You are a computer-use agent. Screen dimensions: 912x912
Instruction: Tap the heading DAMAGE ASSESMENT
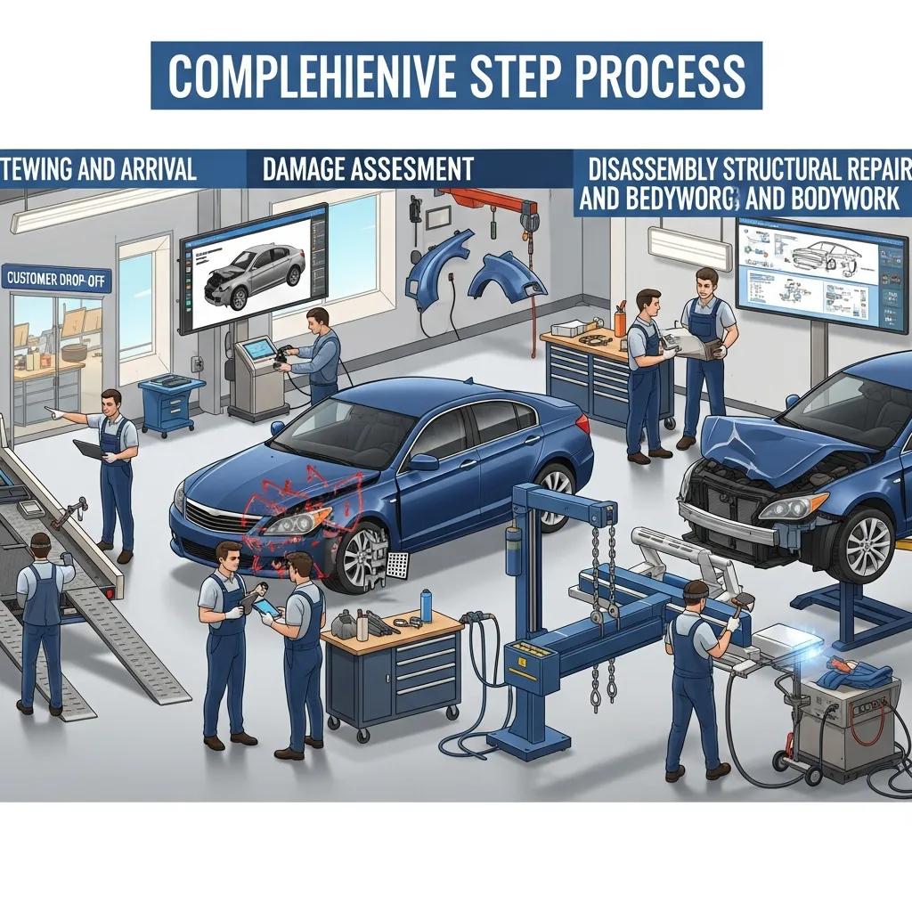(367, 169)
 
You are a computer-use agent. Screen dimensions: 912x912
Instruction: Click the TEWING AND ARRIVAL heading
(100, 169)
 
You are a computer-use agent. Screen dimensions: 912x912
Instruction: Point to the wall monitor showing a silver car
(256, 266)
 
